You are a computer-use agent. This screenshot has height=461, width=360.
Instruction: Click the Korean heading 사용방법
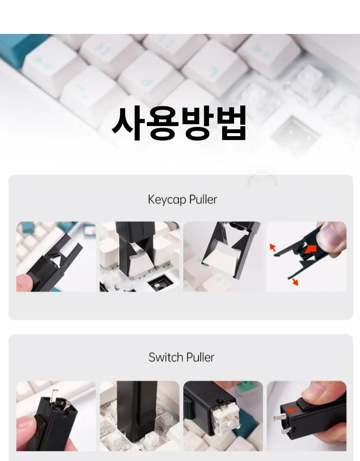tap(179, 123)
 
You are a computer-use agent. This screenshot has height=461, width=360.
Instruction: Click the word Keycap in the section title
tap(167, 200)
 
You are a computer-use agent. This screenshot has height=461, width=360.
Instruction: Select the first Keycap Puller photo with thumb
tap(56, 257)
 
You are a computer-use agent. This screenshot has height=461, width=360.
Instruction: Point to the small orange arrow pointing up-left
tap(273, 247)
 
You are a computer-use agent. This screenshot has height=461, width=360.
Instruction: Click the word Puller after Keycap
tap(203, 200)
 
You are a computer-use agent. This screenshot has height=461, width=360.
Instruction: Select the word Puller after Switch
tap(201, 357)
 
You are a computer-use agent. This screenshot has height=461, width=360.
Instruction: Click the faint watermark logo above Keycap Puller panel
tap(262, 176)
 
